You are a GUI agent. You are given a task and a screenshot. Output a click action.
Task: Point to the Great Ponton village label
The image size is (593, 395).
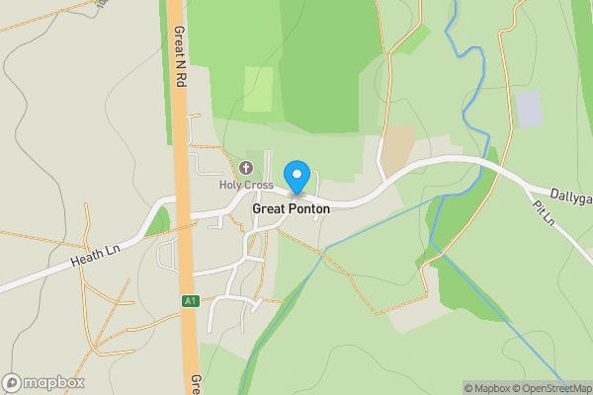point(291,209)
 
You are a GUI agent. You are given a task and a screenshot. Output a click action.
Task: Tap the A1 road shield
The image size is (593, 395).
point(190,301)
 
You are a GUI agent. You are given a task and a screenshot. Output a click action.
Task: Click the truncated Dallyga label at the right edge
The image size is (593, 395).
point(571,198)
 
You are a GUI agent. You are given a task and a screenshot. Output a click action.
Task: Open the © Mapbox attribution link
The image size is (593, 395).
point(487,388)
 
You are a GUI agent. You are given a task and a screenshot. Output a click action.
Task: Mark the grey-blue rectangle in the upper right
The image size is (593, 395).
point(530,109)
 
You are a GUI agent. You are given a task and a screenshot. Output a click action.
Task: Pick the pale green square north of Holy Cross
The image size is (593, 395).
point(258,89)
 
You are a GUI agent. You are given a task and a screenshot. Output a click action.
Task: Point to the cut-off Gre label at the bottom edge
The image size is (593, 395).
point(196,384)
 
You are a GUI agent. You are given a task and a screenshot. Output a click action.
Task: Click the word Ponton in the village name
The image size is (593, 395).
point(309,209)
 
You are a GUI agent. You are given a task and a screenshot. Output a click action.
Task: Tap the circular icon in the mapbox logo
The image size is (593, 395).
point(12,382)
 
